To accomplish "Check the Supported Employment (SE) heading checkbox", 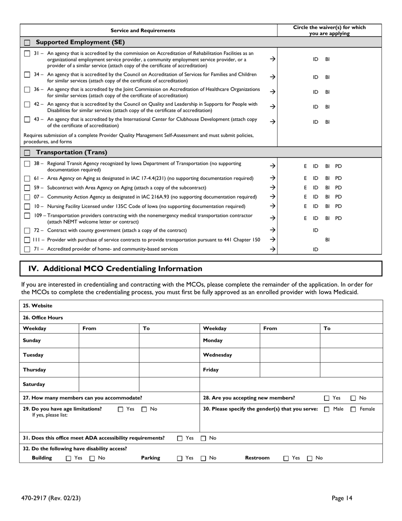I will [27, 43].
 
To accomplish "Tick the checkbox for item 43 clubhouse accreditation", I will [27, 119].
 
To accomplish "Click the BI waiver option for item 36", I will [327, 92].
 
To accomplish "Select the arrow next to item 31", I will [273, 59].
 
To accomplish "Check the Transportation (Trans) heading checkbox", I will [27, 152].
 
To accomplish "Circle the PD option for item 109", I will [339, 218].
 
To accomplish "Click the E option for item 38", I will [305, 166].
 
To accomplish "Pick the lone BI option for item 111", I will [327, 240].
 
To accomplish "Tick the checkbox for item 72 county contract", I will [27, 230].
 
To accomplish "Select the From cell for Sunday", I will [109, 341].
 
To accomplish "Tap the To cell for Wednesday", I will [351, 355].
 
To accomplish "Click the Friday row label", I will [211, 370].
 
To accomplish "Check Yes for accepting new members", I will [327, 398].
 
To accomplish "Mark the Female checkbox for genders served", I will [353, 409].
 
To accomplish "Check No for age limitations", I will [144, 409].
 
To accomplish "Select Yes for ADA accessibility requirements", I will [180, 438].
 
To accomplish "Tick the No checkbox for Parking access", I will [203, 458].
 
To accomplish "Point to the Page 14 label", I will [341, 498].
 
